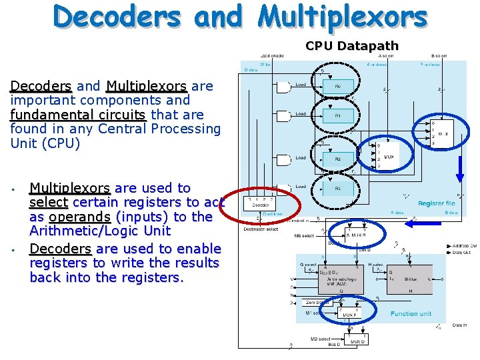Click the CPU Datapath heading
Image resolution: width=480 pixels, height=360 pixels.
click(351, 46)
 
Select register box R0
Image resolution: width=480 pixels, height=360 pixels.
click(337, 87)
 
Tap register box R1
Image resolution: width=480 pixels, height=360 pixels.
click(337, 116)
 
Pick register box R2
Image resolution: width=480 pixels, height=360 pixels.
click(337, 159)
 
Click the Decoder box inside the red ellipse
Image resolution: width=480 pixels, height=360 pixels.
click(261, 205)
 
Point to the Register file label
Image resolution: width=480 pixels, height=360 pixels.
click(436, 203)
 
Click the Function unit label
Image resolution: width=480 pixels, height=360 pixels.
click(411, 313)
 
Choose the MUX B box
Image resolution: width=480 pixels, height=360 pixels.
click(355, 235)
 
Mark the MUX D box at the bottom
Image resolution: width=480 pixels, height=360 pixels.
click(358, 341)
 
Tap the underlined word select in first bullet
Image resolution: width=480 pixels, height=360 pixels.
click(49, 202)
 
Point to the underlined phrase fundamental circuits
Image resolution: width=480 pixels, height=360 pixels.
click(77, 115)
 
